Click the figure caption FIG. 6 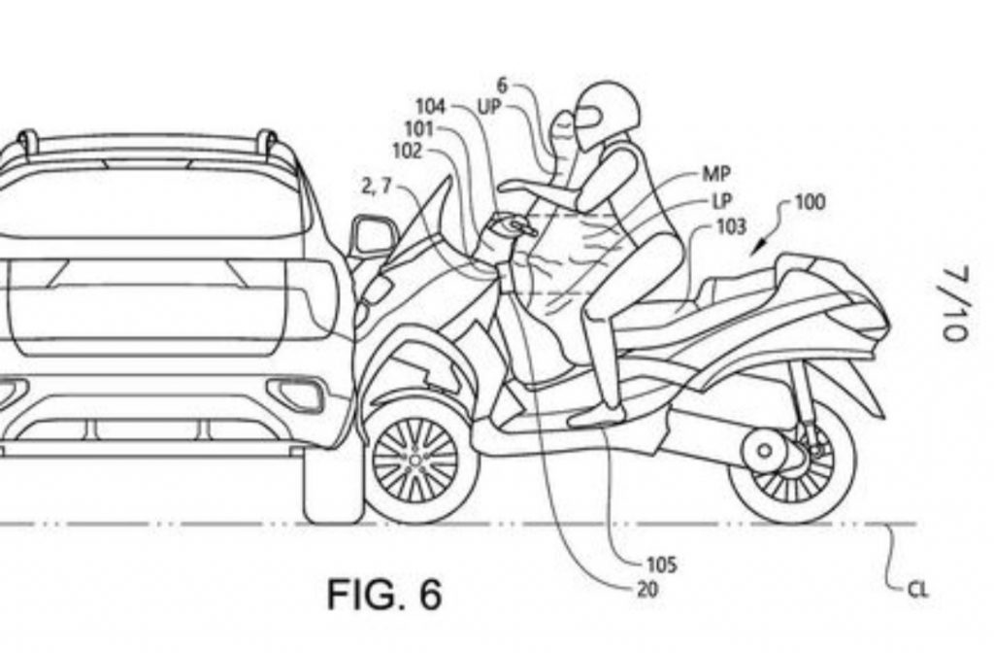(x=384, y=594)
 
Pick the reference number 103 (x=729, y=226)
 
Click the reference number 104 (x=431, y=107)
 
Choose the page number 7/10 (x=952, y=305)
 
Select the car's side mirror (x=374, y=236)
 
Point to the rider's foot (x=595, y=415)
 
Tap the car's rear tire (x=330, y=486)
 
